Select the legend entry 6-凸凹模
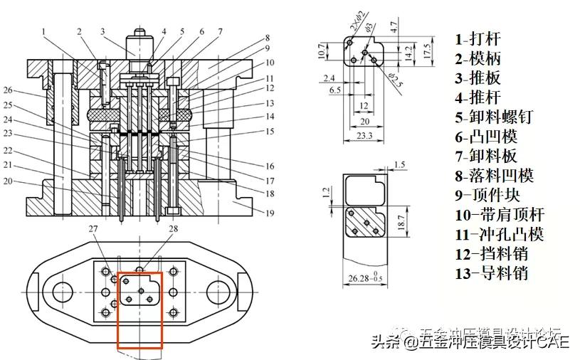click(x=487, y=136)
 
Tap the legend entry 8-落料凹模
click(x=494, y=175)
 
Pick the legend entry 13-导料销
click(x=492, y=272)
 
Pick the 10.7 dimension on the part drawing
click(x=321, y=51)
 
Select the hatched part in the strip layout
click(x=364, y=223)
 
